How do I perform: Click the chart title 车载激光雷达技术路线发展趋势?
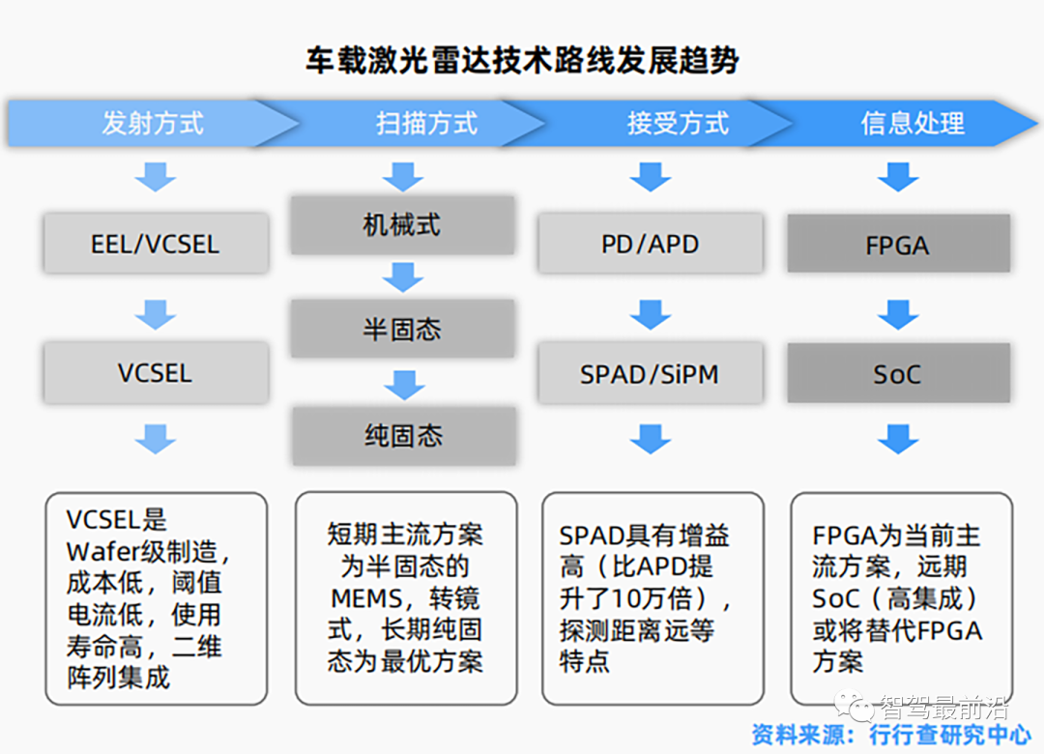point(522,61)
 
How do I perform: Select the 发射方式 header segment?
point(153,123)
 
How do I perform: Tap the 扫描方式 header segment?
point(427,123)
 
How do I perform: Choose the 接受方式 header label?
point(678,123)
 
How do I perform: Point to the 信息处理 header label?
point(913,123)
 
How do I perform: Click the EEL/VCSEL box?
point(156,244)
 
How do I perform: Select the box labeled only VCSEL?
point(156,373)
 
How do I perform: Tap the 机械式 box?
point(402,225)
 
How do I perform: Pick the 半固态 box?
point(402,329)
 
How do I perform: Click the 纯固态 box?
point(403,436)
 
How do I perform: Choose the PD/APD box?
point(651,244)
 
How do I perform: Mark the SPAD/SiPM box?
point(651,374)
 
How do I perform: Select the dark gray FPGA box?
point(899,244)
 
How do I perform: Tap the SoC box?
point(899,373)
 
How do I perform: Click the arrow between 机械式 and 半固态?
point(403,277)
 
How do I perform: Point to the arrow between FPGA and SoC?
point(898,314)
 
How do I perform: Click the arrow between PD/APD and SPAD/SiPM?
point(651,314)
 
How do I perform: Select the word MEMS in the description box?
point(367,598)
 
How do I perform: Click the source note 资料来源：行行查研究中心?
point(891,735)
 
